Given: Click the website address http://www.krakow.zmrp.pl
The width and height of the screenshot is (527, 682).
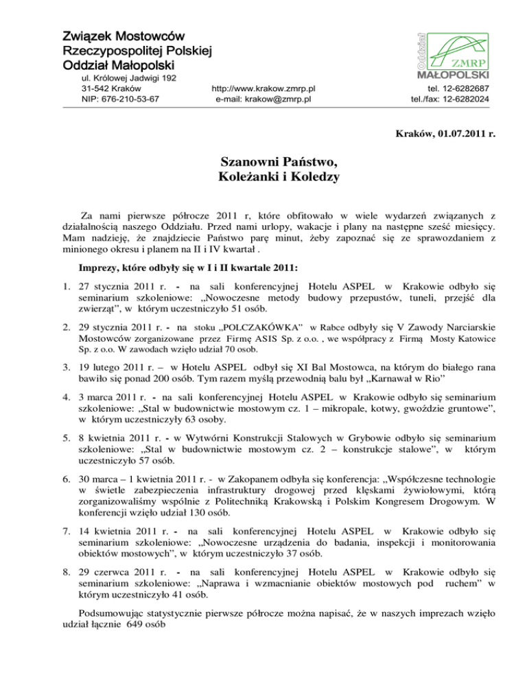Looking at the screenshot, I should [x=263, y=89].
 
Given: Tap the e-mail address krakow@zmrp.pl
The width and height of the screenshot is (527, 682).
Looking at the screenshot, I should [x=281, y=99].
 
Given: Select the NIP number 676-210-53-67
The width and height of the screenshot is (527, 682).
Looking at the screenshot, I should [x=130, y=99].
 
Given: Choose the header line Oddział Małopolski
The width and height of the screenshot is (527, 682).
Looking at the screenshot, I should [x=117, y=65].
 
